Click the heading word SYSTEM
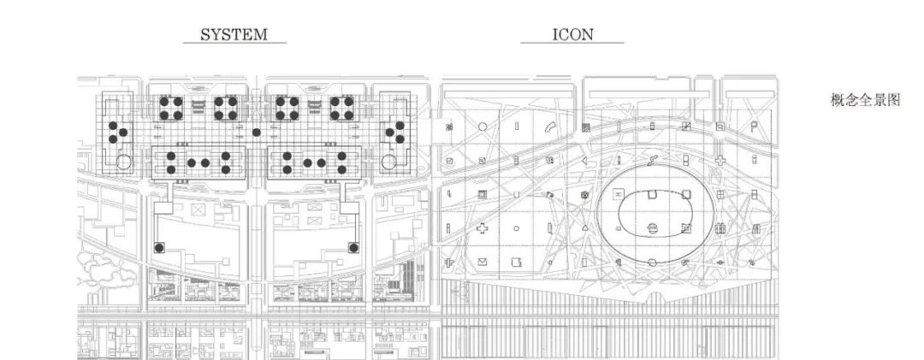(234, 34)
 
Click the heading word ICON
(573, 34)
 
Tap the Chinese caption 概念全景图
(865, 100)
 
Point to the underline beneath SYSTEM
(234, 44)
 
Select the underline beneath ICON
(573, 44)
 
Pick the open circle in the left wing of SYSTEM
(123, 162)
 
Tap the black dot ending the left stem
(159, 248)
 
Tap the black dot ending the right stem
(352, 248)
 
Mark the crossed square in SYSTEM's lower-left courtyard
(198, 208)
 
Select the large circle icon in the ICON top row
(483, 126)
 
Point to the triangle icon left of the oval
(585, 229)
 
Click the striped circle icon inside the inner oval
(654, 227)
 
